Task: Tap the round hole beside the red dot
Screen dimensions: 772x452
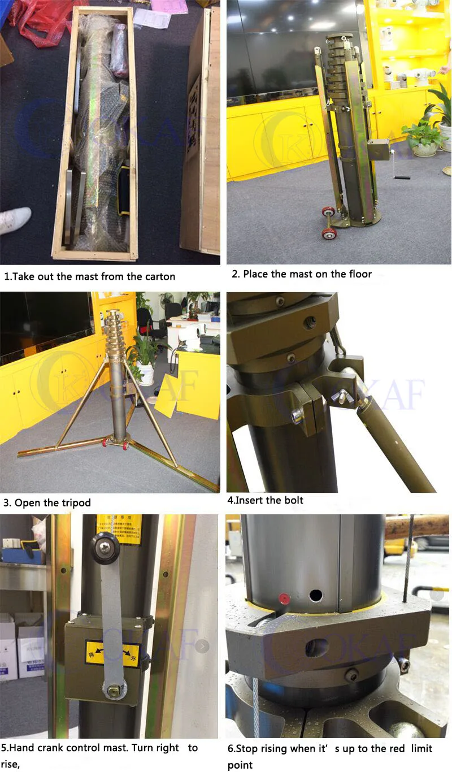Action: (x=315, y=596)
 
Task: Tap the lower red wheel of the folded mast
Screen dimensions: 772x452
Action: (x=326, y=233)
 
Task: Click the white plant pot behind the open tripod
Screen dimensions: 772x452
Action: (x=145, y=373)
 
